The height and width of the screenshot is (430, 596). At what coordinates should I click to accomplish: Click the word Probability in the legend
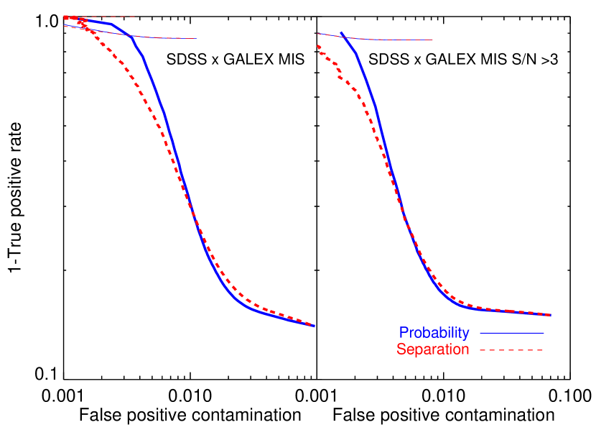click(434, 333)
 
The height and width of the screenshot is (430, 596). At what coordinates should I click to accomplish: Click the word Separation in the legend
click(432, 350)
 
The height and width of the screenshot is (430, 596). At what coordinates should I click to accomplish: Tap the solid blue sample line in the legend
click(511, 333)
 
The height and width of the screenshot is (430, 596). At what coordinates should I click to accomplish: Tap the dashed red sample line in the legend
click(511, 350)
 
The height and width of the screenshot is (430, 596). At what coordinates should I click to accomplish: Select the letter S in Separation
click(401, 350)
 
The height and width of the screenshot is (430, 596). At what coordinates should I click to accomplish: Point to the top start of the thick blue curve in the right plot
click(342, 32)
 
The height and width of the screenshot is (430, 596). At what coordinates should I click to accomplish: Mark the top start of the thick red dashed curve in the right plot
click(318, 46)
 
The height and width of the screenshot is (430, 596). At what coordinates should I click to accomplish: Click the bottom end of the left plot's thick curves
click(315, 326)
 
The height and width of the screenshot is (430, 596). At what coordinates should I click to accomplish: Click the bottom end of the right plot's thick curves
click(550, 315)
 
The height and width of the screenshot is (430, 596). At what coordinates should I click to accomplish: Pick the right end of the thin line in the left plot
click(195, 39)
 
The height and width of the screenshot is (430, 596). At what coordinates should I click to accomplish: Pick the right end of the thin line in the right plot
click(433, 40)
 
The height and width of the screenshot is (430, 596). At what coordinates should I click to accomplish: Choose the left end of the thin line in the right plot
click(317, 33)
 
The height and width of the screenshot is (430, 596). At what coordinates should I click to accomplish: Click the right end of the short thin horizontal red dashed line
click(135, 16)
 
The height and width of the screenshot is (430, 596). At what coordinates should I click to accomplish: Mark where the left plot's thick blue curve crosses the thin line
click(129, 35)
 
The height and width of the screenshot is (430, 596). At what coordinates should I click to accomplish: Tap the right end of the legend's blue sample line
click(544, 333)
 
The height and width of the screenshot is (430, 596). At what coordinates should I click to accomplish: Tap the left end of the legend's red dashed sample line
click(480, 350)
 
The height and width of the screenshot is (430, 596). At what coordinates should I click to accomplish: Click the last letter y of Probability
click(465, 334)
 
